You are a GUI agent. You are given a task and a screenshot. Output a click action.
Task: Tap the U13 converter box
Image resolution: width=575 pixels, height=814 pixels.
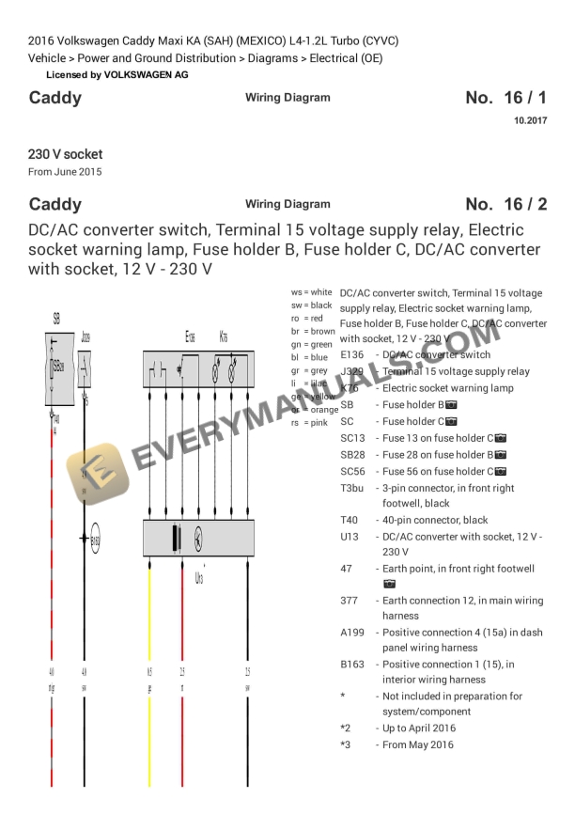click(x=198, y=538)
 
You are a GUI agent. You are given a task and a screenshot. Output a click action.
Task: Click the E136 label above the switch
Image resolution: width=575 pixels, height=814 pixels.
click(x=191, y=337)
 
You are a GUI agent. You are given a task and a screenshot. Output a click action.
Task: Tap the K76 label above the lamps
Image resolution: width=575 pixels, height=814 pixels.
click(x=223, y=337)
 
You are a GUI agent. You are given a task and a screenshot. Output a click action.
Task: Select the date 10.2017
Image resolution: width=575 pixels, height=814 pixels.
click(x=530, y=120)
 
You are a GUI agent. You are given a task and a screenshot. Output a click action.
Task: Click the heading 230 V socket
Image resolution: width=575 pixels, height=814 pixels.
click(x=66, y=154)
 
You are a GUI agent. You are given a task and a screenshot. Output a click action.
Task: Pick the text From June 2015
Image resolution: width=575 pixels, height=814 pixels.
click(x=65, y=172)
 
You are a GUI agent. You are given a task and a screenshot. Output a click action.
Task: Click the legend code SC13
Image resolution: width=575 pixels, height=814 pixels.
click(x=352, y=438)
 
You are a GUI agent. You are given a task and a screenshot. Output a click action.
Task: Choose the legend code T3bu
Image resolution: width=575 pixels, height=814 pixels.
click(x=353, y=489)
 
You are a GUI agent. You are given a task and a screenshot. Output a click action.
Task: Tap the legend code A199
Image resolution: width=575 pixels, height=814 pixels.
click(x=352, y=634)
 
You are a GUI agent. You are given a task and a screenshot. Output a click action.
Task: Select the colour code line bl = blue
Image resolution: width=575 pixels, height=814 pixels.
click(x=310, y=357)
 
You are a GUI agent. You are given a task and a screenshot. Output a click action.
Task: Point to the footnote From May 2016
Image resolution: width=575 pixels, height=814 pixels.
click(x=417, y=745)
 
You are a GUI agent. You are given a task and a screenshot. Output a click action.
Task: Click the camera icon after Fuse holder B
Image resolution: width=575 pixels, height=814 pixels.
click(x=451, y=405)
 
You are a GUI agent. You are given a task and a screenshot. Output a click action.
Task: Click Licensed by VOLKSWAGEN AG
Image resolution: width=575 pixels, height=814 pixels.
click(x=117, y=74)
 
